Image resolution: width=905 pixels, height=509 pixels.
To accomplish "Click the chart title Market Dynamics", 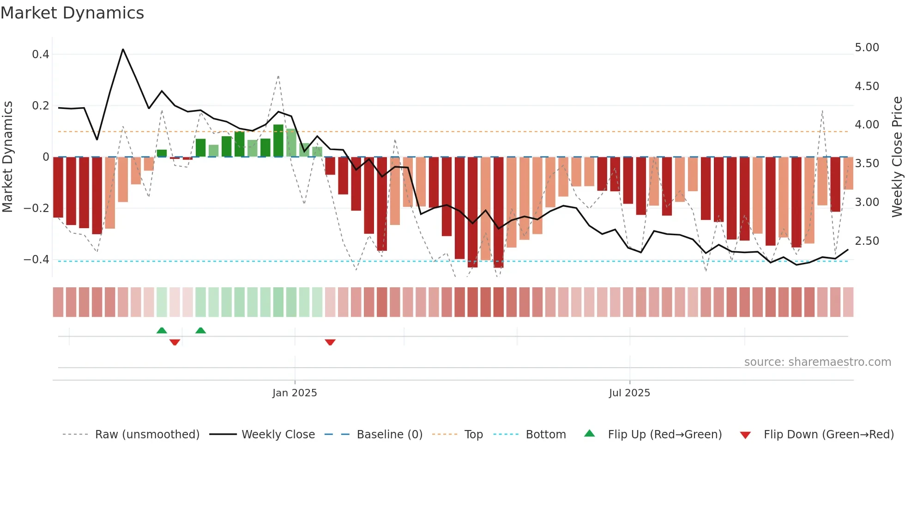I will coord(72,13).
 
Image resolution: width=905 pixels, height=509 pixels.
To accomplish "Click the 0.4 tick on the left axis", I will coord(41,55).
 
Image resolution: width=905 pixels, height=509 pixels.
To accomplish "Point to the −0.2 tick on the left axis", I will coord(36,208).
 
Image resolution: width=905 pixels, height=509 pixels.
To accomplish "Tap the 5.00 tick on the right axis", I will coord(867,48).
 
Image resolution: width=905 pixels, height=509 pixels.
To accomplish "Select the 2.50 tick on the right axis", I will coord(867,241).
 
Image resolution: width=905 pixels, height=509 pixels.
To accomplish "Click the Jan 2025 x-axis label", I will coord(295,393).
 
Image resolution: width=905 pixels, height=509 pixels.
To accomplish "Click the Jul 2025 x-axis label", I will coord(629,393).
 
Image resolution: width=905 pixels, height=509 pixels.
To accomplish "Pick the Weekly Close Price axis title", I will coord(897,157).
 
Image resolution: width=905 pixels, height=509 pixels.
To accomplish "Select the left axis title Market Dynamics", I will coord(8,157).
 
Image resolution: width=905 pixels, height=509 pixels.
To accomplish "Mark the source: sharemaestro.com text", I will coord(817,362).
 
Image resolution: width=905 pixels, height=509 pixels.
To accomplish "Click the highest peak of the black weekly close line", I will coord(123,49).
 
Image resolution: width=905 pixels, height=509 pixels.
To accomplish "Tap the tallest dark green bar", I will coord(278,140).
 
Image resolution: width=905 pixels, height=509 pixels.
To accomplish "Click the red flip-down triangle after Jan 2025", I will coord(330,342).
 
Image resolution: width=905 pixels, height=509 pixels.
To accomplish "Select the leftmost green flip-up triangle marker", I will coord(162,330).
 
